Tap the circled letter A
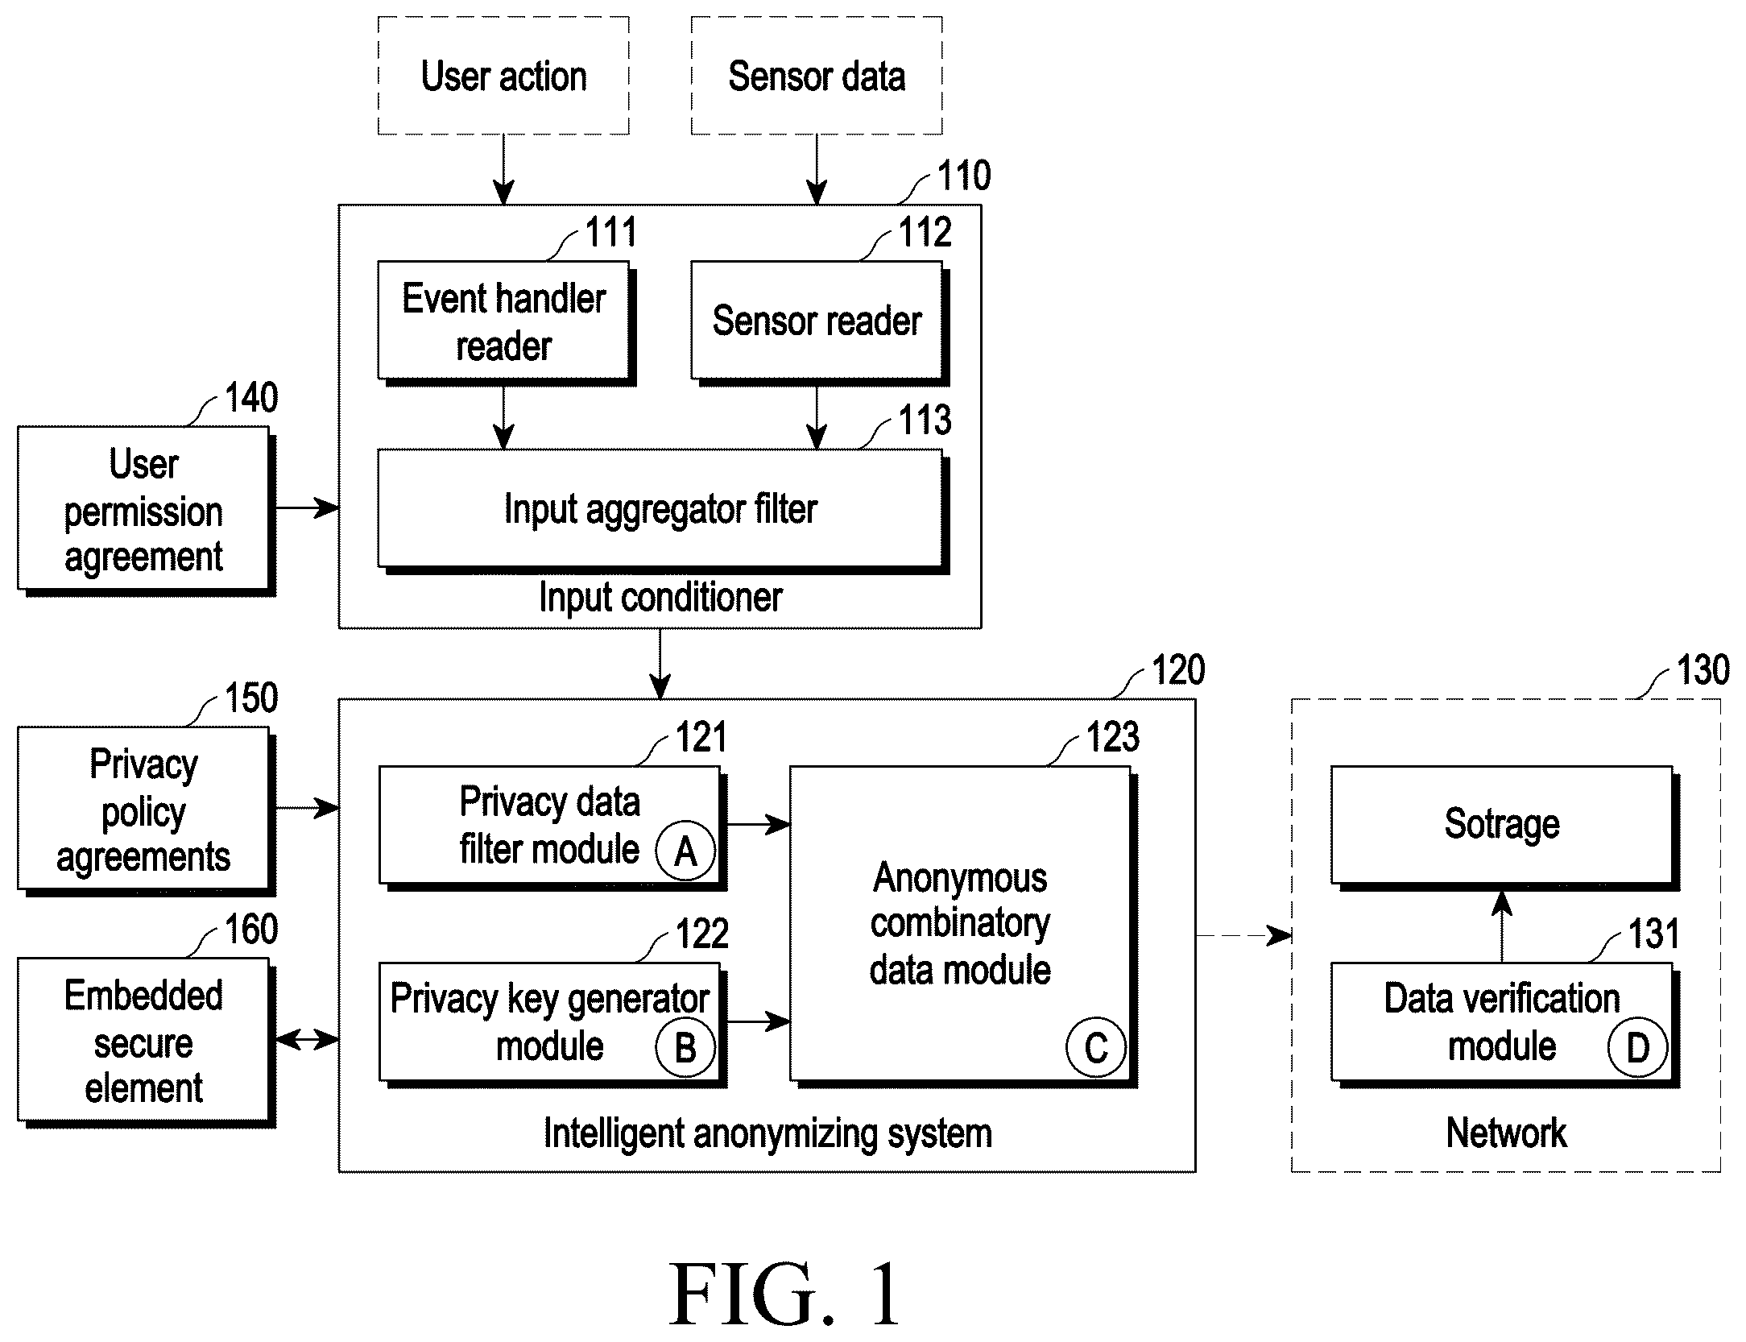pos(685,851)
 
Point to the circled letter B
pos(685,1047)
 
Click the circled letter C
pos(1096,1047)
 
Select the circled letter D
pos(1637,1047)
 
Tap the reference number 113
pos(925,420)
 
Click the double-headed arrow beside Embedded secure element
pos(307,1040)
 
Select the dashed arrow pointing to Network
pos(1244,936)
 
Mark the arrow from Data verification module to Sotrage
pos(1502,926)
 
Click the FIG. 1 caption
pos(785,1294)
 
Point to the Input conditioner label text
pos(660,598)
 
